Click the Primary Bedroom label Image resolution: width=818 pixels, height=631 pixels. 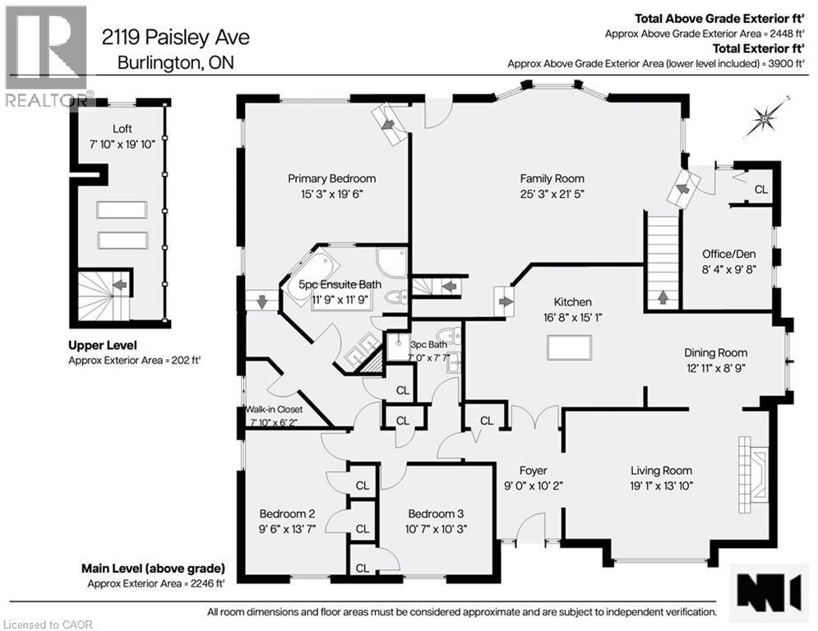[x=331, y=178]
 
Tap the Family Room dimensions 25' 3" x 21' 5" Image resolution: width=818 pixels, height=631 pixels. [x=552, y=194]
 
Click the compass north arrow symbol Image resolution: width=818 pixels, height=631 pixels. [x=764, y=120]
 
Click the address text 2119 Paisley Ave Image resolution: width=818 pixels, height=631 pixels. [x=175, y=37]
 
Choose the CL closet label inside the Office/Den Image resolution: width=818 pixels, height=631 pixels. [x=760, y=190]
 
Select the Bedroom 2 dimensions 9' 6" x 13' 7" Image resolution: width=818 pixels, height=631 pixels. [x=288, y=528]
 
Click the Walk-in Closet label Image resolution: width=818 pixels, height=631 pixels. [x=274, y=409]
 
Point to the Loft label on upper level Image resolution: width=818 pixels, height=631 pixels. [x=122, y=128]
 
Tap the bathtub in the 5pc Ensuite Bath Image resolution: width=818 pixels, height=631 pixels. [x=315, y=268]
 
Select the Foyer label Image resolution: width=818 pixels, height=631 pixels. [x=533, y=471]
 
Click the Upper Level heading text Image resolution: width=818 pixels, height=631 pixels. [x=103, y=345]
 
